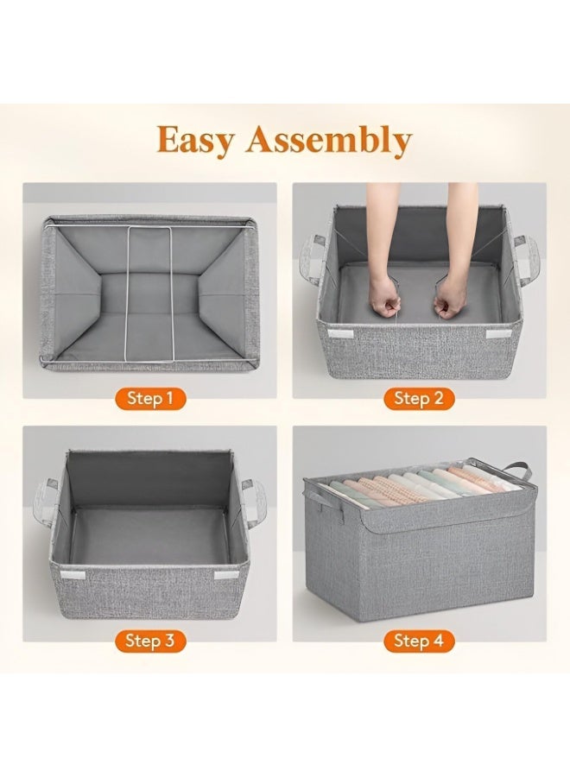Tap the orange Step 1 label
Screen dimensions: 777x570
pyautogui.click(x=150, y=398)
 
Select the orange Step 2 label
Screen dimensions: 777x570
pyautogui.click(x=419, y=398)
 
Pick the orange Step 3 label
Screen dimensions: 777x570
pyautogui.click(x=150, y=641)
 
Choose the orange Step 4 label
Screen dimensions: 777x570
pyautogui.click(x=419, y=641)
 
